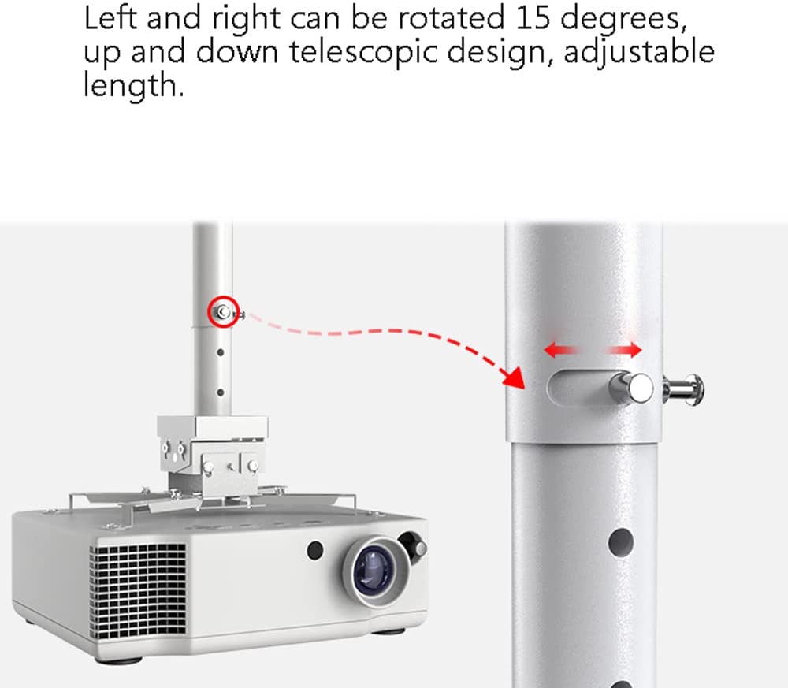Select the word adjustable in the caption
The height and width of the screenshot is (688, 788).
pyautogui.click(x=639, y=52)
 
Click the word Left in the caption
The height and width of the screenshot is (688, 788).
pyautogui.click(x=110, y=17)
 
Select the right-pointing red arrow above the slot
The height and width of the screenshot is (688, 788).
pyautogui.click(x=624, y=350)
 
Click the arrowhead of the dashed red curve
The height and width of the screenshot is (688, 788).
pyautogui.click(x=514, y=377)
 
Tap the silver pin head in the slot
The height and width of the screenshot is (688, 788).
pyautogui.click(x=632, y=388)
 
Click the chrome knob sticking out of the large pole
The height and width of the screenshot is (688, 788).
pyautogui.click(x=683, y=390)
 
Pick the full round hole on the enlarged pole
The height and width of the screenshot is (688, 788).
pyautogui.click(x=621, y=541)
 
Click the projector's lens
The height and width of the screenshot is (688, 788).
pyautogui.click(x=373, y=570)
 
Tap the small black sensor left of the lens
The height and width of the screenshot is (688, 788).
pyautogui.click(x=315, y=550)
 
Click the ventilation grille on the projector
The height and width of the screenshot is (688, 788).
pyautogui.click(x=137, y=591)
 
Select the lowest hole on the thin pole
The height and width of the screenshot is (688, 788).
pyautogui.click(x=220, y=392)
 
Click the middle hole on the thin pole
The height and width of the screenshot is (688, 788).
pyautogui.click(x=220, y=353)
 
